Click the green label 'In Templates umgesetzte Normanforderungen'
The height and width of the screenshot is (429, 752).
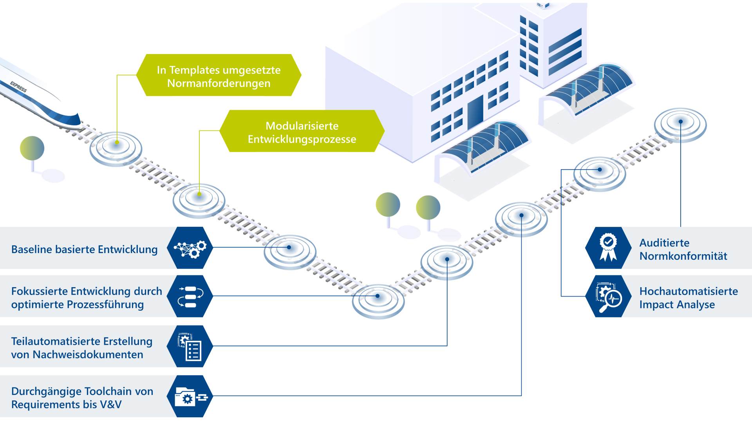coord(219,76)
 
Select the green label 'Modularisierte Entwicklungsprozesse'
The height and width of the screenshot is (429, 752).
coord(302,132)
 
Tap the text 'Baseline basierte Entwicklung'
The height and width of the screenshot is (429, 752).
coord(84,249)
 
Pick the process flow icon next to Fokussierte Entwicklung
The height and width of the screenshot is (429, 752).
coord(190,297)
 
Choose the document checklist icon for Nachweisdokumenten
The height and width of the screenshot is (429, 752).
coord(190,346)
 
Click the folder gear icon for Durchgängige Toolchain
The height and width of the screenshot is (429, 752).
coord(190,396)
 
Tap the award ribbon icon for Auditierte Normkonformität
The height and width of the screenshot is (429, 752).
coord(608,248)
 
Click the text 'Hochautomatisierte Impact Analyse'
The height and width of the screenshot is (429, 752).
coord(688,298)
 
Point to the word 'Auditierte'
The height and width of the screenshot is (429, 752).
coord(664,243)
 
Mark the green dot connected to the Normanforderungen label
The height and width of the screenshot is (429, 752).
coord(117,143)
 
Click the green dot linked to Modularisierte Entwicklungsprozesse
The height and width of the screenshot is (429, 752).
coord(199,194)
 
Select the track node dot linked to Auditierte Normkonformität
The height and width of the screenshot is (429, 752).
coord(681,122)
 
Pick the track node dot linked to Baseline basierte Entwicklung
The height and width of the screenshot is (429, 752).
coord(289,247)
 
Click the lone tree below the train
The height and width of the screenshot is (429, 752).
coord(32,149)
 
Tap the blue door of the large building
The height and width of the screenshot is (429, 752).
coord(475,110)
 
